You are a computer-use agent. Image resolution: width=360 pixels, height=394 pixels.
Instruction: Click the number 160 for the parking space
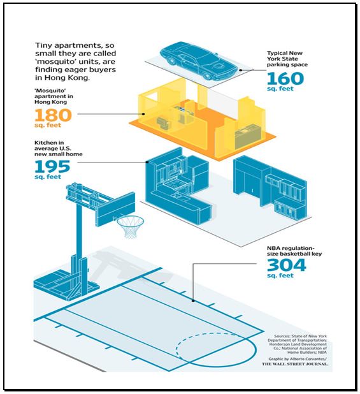285,78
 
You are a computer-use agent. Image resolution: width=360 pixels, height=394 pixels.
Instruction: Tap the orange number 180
54,115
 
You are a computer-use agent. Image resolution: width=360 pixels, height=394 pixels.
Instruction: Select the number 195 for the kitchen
52,166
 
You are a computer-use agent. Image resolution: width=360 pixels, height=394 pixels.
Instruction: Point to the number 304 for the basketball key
287,265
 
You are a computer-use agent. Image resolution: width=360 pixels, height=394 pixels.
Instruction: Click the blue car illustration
198,61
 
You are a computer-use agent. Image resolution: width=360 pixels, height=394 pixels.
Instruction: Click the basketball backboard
116,209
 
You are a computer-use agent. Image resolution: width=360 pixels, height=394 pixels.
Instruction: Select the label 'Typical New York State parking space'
287,59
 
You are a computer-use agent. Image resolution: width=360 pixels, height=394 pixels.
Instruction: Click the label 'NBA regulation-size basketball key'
294,251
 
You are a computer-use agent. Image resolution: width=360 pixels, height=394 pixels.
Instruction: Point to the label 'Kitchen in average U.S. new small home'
58,149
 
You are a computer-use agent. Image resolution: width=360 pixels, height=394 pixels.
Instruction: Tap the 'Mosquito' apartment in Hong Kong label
54,96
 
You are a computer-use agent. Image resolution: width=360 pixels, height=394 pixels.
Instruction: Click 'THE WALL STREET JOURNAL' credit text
295,364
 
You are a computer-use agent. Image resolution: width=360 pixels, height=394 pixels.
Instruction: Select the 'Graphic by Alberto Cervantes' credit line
298,359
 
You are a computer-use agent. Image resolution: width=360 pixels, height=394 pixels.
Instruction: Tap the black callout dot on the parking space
240,70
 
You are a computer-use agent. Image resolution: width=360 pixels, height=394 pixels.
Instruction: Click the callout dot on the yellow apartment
143,114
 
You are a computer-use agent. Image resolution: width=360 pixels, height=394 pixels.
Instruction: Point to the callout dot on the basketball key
193,300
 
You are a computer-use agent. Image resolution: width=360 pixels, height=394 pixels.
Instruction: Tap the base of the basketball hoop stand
66,284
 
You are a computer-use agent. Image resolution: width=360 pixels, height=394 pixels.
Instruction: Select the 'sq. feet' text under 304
280,275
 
